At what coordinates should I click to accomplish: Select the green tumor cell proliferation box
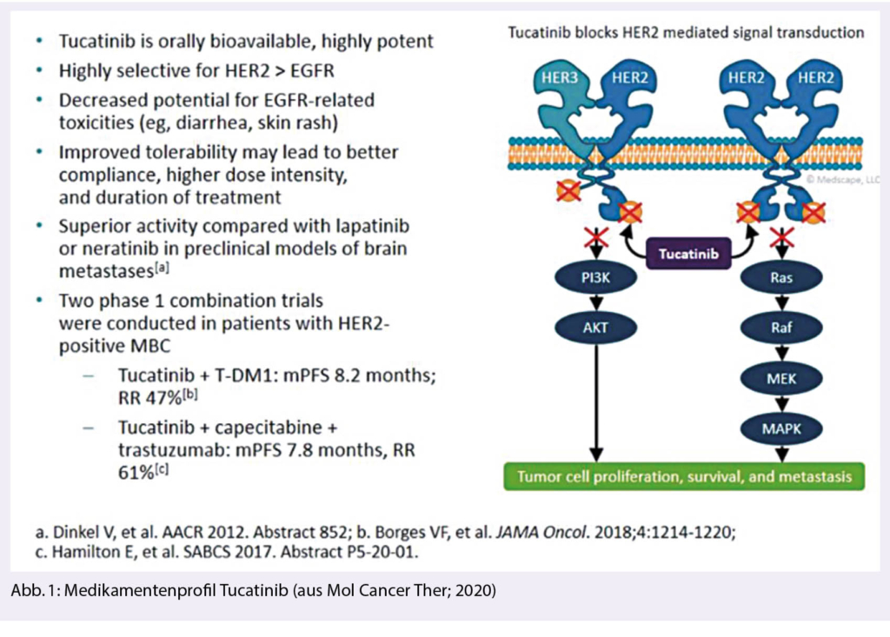click(x=685, y=476)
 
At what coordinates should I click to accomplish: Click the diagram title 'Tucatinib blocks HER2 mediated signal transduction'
click(x=686, y=33)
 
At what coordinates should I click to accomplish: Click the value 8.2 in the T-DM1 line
click(x=335, y=376)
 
